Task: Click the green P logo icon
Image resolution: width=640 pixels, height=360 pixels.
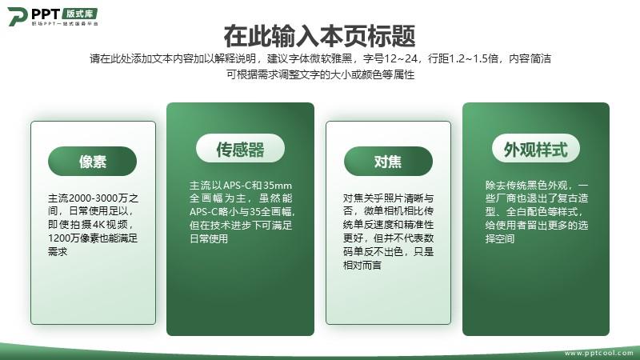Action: click(18, 16)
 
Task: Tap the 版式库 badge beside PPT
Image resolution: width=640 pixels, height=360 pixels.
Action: click(79, 14)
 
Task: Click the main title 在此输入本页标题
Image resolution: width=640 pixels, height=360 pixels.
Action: click(319, 36)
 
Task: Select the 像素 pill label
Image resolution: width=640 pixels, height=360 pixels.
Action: click(92, 162)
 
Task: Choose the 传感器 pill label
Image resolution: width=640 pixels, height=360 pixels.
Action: click(240, 148)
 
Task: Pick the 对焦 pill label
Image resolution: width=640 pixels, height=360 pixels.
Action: click(388, 162)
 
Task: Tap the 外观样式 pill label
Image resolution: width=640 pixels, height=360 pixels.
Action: click(536, 148)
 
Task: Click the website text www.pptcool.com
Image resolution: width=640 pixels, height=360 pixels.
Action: click(599, 353)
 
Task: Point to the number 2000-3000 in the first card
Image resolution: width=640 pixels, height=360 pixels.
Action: click(93, 198)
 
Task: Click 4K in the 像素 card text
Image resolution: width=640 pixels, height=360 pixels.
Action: click(99, 225)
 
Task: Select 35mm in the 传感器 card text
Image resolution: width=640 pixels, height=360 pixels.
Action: click(278, 186)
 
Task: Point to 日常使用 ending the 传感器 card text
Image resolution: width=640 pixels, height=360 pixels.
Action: click(209, 238)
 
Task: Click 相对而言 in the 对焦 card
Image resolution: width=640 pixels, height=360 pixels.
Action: click(362, 266)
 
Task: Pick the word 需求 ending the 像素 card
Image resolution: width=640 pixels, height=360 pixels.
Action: click(58, 251)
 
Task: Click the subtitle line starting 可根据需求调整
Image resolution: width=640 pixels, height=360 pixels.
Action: click(321, 74)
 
